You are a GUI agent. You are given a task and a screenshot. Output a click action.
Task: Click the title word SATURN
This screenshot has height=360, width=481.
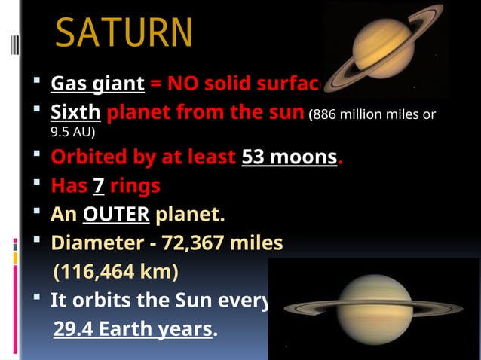click(x=124, y=32)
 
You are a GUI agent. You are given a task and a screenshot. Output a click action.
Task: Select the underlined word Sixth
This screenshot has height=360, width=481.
click(x=75, y=113)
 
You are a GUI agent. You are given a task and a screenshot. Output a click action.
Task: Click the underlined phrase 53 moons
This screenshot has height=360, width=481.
click(x=289, y=159)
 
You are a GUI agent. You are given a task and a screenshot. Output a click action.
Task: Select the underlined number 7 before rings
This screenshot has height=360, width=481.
click(x=98, y=186)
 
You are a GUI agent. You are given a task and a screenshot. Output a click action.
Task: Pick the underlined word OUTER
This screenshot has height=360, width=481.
click(x=116, y=215)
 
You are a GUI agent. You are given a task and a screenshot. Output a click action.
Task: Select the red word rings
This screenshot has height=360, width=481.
click(x=135, y=186)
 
